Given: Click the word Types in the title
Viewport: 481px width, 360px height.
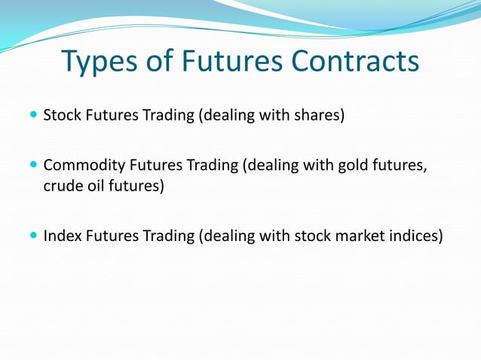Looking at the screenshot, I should pos(97,63).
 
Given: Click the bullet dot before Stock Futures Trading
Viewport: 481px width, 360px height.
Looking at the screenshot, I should pos(32,117).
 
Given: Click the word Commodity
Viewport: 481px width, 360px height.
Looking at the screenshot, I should pos(78,166).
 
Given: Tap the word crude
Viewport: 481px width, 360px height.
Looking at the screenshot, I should pos(62,185).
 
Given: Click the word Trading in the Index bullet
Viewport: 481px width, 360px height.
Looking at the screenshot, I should pos(167,236).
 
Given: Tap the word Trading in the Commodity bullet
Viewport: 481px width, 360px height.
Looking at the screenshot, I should pos(210,166).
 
